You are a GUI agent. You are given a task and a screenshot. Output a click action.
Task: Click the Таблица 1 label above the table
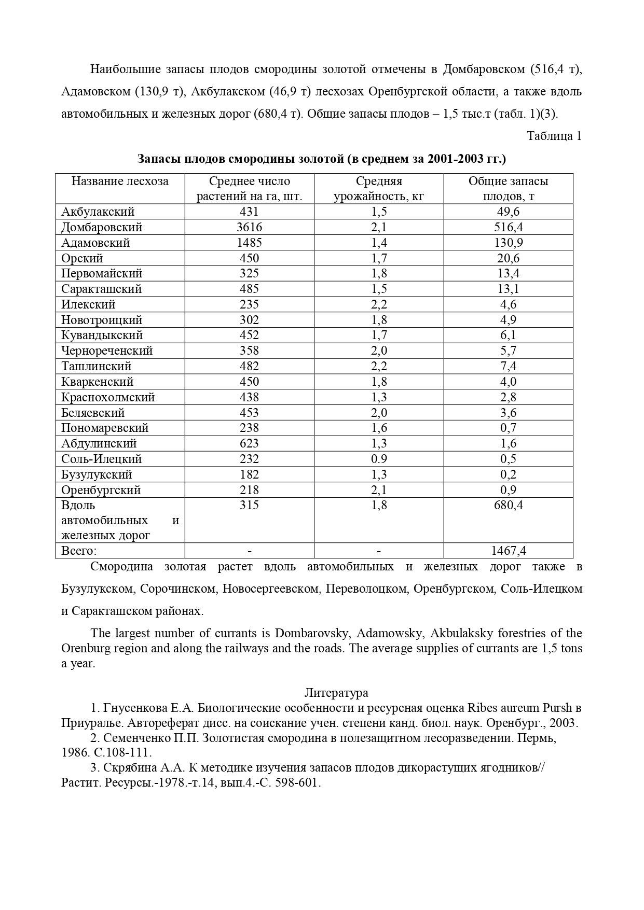[554, 136]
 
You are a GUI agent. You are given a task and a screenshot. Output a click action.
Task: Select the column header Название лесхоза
[120, 181]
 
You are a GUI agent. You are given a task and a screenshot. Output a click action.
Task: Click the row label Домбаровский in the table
[102, 227]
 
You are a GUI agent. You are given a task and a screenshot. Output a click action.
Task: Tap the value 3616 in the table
[249, 227]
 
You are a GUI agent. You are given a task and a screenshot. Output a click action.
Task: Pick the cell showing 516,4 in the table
[508, 227]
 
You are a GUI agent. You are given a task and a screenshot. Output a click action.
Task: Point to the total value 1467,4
[508, 551]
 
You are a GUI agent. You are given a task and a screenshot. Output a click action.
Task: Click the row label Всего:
[79, 551]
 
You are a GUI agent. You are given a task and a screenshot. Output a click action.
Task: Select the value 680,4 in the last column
[508, 505]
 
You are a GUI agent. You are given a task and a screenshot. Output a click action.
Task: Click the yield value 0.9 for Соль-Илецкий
[379, 459]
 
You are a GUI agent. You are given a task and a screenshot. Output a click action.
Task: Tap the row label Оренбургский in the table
[101, 490]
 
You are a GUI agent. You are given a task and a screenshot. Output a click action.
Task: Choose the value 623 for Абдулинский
[249, 443]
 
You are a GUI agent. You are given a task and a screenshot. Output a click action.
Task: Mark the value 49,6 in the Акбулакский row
[508, 212]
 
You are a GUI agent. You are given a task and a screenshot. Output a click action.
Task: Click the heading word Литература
[336, 693]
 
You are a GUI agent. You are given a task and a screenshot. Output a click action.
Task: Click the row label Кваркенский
[97, 382]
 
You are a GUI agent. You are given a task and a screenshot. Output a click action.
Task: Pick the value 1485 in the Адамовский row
[249, 243]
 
